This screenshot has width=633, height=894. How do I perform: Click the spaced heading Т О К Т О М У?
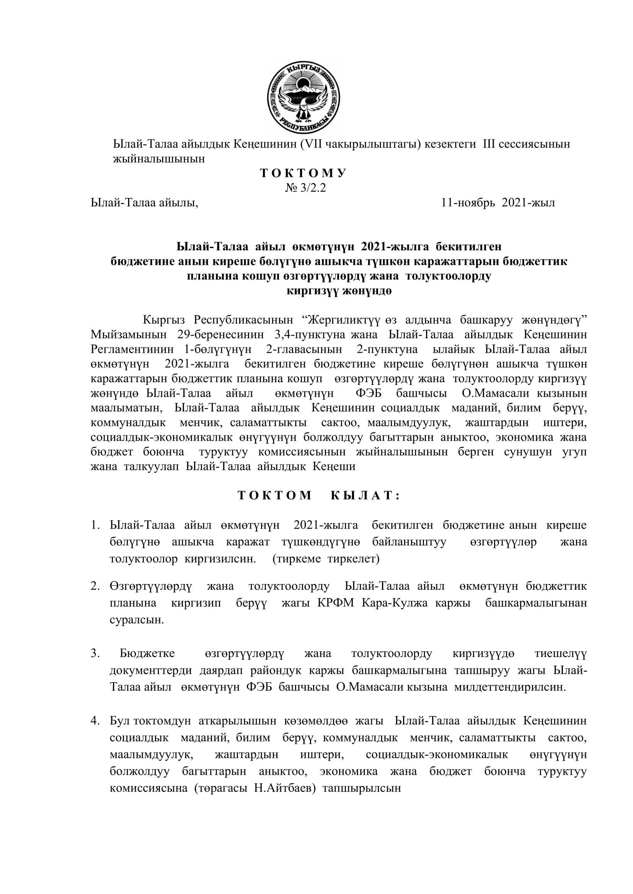303,173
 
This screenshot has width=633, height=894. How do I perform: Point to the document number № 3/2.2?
305,188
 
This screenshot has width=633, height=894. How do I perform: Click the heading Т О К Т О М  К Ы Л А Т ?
319,495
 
